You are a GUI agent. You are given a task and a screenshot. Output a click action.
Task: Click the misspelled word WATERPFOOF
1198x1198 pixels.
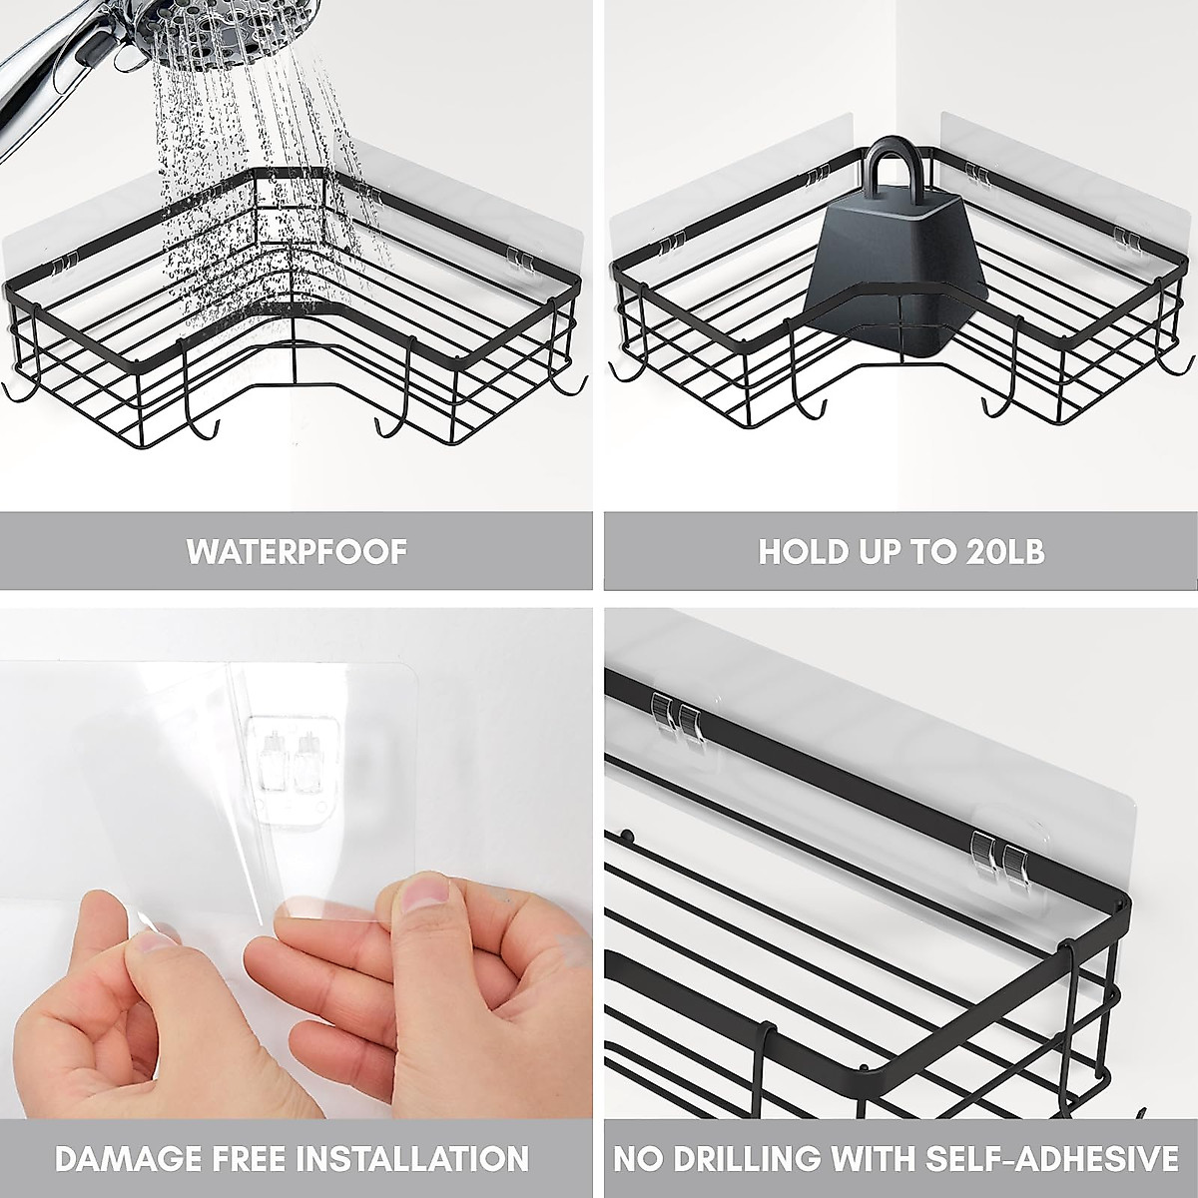click(x=297, y=551)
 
